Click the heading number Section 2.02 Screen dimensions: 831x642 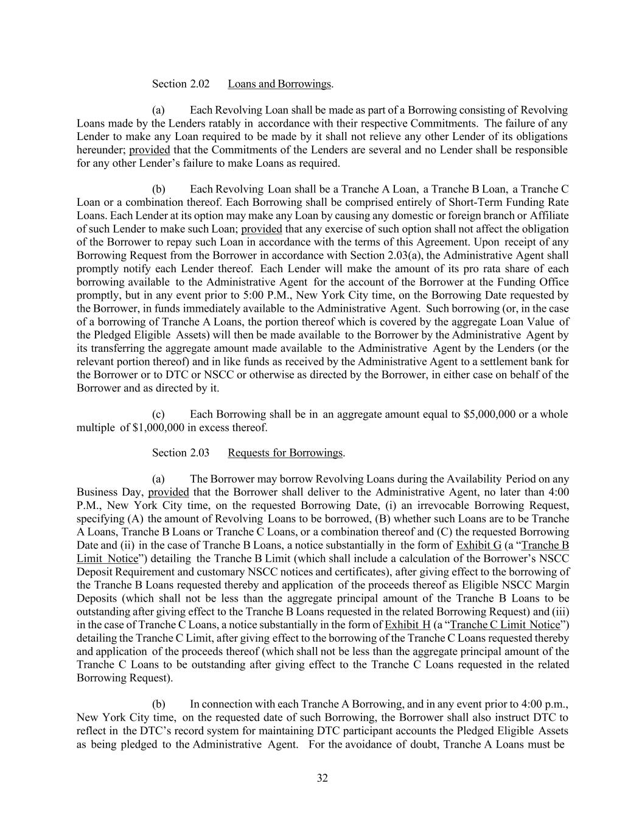(181, 84)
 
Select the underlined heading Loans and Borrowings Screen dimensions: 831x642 (279, 84)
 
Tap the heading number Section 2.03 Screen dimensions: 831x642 (181, 453)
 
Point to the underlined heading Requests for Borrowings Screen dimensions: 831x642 (285, 453)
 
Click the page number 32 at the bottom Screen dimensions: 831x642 (322, 778)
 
